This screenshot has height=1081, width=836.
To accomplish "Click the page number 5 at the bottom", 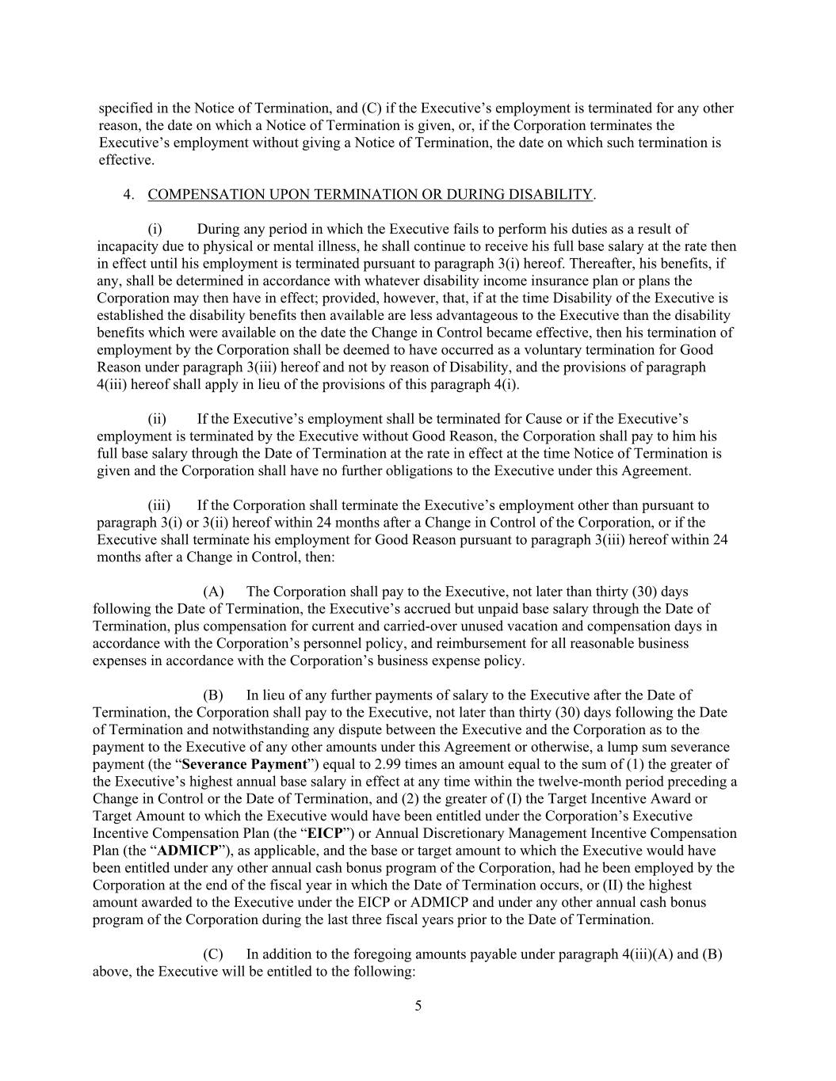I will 418,1007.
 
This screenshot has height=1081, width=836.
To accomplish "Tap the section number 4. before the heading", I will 128,195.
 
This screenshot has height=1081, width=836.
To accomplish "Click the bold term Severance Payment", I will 244,764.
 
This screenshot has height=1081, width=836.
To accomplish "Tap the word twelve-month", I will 594,782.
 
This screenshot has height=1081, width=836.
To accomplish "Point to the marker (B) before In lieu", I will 213,695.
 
